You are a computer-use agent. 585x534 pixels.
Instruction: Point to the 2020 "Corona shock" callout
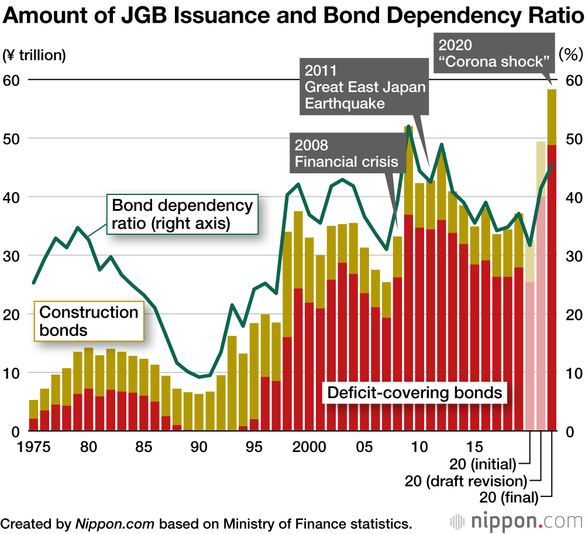click(494, 53)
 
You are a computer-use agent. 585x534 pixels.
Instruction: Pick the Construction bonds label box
click(89, 321)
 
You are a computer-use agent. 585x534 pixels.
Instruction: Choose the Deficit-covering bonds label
click(415, 392)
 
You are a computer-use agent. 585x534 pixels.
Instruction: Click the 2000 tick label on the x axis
click(309, 446)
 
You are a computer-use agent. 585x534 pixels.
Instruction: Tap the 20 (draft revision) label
click(466, 481)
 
